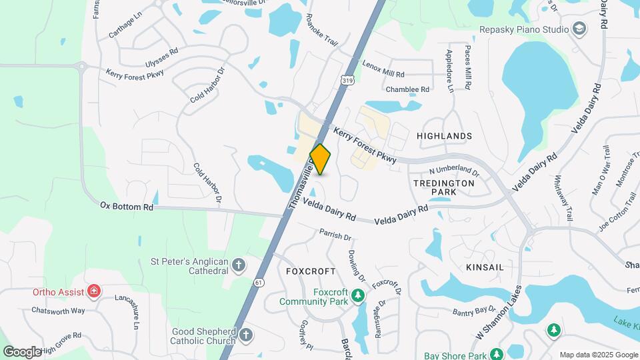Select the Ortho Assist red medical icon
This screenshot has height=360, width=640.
95,291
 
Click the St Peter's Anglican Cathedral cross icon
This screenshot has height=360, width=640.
239,266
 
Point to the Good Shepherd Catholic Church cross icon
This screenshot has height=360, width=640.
246,335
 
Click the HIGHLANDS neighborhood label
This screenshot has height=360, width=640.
444,136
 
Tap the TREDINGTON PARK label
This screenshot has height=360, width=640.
443,187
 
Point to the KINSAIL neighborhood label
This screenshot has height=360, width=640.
485,267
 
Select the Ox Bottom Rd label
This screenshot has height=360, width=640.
127,207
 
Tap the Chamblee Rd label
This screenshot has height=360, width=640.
407,89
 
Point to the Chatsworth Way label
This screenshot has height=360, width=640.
59,311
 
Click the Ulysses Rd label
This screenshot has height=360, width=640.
161,57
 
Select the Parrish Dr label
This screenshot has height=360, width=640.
335,235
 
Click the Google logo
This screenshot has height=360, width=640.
22,351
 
